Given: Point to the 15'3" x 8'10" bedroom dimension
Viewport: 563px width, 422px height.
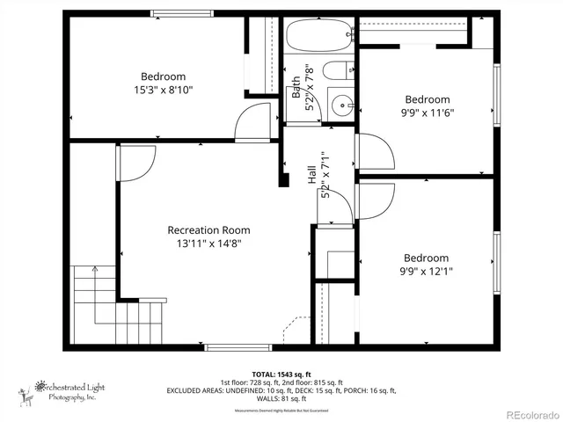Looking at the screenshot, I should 163,90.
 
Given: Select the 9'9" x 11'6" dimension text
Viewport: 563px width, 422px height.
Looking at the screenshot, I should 427,113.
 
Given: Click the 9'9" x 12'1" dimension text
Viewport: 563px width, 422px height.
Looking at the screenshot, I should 426,272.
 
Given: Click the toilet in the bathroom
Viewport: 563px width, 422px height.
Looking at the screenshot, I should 337,70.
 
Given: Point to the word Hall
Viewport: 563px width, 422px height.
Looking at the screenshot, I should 311,175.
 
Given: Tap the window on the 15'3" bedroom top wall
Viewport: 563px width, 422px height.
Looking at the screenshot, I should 182,13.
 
